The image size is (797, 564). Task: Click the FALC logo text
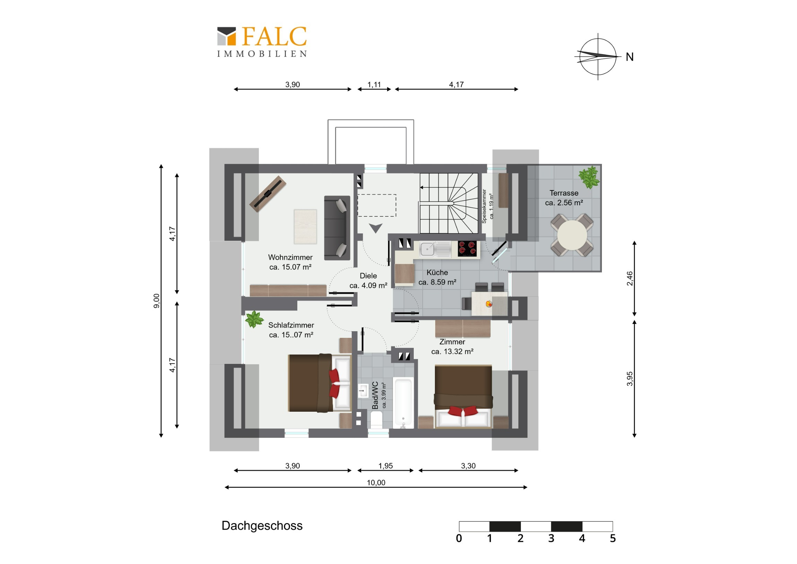tap(274, 36)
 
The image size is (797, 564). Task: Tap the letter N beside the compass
tap(630, 57)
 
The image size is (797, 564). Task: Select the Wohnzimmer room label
tap(290, 257)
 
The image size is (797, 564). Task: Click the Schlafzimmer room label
tap(291, 325)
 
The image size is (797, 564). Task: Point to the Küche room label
tap(437, 272)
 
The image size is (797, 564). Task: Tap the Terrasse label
tap(564, 193)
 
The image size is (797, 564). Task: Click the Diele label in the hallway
tap(368, 276)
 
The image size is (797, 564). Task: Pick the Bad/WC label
tap(375, 395)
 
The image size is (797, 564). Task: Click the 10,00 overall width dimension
tap(376, 483)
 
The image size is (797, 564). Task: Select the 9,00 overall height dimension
tap(157, 301)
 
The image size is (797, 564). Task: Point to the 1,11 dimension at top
tap(374, 85)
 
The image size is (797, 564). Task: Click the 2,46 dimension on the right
tap(630, 279)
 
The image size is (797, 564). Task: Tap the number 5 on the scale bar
tap(613, 539)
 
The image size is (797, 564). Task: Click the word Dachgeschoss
tap(262, 526)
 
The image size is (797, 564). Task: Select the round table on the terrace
tap(572, 235)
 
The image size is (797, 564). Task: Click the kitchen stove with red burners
tap(467, 249)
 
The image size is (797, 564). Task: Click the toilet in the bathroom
tap(376, 419)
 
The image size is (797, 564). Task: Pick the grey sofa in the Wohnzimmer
tap(337, 228)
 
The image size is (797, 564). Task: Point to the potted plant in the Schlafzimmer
tap(254, 319)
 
